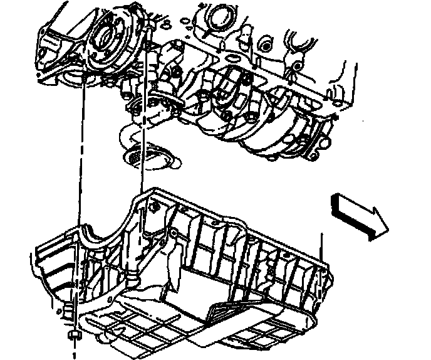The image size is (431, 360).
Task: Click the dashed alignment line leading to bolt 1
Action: (x=80, y=188)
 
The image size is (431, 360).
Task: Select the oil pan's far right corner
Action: (x=326, y=270)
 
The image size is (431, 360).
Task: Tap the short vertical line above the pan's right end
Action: (x=321, y=245)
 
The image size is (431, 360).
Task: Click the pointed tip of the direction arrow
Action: (x=387, y=225)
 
